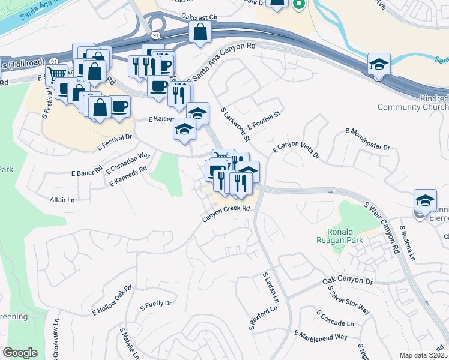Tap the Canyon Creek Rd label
(225, 213)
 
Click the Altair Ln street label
(62, 199)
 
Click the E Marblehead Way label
(321, 335)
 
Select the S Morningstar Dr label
(367, 139)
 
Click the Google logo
(20, 353)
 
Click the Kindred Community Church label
(412, 103)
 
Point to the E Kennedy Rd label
(128, 176)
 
